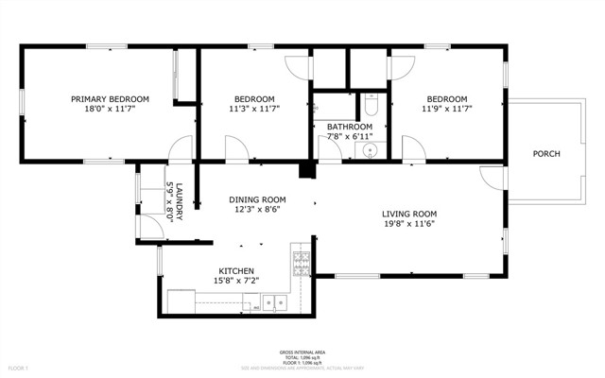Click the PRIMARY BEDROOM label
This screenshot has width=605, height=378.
click(110, 99)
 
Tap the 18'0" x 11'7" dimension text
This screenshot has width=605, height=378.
click(110, 111)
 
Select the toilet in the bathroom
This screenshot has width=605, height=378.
click(371, 107)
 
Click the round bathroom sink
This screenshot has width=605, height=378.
click(371, 149)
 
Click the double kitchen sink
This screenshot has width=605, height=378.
click(275, 303)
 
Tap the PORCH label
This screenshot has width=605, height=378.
click(546, 153)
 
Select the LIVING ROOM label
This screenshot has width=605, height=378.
click(408, 214)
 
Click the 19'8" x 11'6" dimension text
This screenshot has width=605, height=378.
click(408, 225)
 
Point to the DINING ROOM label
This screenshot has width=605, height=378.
click(258, 199)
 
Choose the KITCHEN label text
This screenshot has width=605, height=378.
click(236, 270)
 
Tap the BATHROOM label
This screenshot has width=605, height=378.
click(349, 126)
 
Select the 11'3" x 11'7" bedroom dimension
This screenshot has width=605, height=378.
click(254, 111)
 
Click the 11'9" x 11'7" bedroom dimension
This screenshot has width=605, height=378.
click(446, 111)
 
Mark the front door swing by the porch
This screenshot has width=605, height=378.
click(493, 177)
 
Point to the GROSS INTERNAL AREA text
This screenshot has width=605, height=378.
click(303, 351)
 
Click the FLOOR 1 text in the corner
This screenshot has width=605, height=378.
click(19, 367)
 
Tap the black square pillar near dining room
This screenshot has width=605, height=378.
click(306, 170)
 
